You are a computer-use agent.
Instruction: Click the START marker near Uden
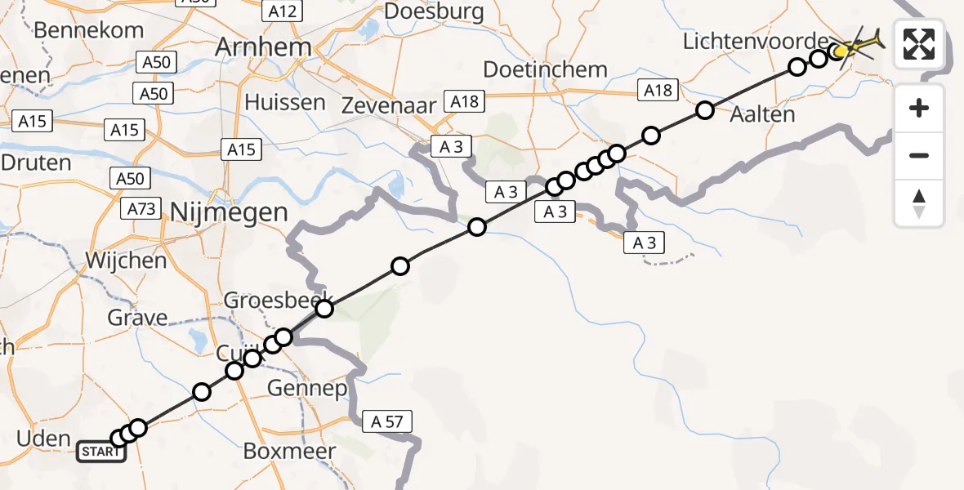[x=101, y=452]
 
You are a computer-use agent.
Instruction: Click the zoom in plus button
[x=919, y=108]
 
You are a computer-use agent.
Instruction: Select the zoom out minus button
[x=919, y=155]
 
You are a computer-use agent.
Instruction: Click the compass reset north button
[x=919, y=203]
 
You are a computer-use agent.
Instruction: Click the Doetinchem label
[x=545, y=69]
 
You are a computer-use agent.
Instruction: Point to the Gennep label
[x=307, y=388]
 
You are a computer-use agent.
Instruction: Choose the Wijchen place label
[x=127, y=261]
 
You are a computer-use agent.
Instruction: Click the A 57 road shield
[x=386, y=421]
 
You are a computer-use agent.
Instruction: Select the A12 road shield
[x=283, y=11]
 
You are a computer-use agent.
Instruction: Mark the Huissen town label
[x=285, y=103]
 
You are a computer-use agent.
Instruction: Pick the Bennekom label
[x=88, y=30]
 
